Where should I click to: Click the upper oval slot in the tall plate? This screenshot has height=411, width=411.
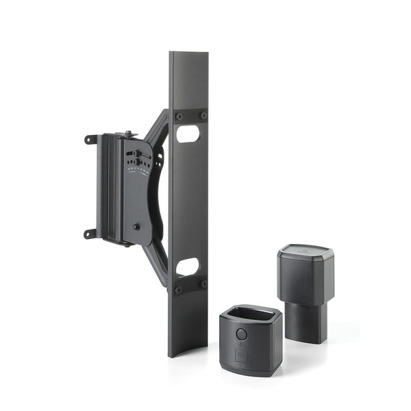[188, 134]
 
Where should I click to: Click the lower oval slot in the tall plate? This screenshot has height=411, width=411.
[188, 266]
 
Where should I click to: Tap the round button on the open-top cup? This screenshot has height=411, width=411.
[240, 334]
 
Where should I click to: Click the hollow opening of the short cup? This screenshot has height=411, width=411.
[251, 316]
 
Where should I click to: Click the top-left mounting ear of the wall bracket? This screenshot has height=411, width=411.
[89, 139]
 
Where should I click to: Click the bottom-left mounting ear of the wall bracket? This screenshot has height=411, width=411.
[89, 234]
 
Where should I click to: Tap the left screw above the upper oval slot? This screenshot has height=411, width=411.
[179, 116]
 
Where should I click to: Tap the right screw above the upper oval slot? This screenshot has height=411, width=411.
[203, 116]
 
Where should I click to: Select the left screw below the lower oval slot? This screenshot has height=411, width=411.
[179, 290]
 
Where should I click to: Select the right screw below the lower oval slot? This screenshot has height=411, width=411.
[203, 284]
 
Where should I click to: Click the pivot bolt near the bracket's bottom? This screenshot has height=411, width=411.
[136, 227]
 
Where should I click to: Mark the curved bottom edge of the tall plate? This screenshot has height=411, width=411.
[188, 353]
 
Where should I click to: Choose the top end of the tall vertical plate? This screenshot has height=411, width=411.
[189, 55]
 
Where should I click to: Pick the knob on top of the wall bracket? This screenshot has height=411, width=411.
[127, 134]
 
